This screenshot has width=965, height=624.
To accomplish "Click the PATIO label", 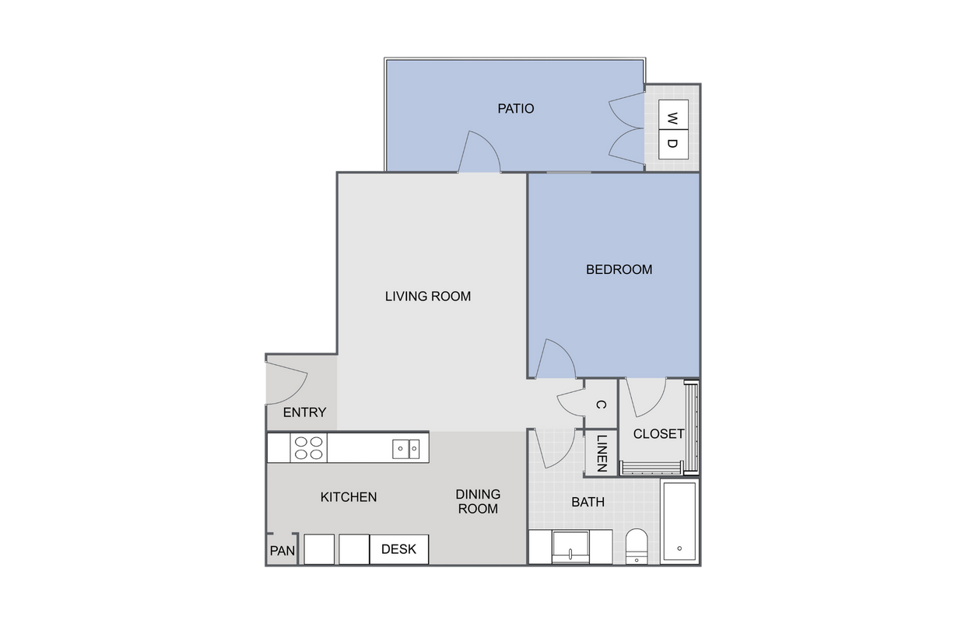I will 515,108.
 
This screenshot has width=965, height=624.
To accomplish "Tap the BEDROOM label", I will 619,269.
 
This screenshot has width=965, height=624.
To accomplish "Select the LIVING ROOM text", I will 428,296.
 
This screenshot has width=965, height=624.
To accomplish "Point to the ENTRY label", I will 304,412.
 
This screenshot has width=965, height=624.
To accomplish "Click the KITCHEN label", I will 349,496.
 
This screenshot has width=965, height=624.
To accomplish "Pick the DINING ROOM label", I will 478,501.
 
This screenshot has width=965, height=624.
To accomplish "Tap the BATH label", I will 588,502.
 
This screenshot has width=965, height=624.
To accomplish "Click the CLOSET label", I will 658,433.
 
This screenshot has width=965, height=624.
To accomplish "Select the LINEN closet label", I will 602,454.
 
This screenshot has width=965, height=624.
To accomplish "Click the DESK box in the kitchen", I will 398,549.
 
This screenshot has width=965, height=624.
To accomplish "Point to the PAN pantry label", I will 282,551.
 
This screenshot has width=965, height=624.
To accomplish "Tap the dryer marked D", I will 673,145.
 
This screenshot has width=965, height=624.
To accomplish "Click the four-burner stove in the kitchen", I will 308,448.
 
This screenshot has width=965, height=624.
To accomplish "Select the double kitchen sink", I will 405,448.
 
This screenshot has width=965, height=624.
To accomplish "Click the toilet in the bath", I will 637,545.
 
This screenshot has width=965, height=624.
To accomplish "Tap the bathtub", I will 679,521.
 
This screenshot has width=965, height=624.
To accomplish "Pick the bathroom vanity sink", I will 570,547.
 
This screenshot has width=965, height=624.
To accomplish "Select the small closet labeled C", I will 600,405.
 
